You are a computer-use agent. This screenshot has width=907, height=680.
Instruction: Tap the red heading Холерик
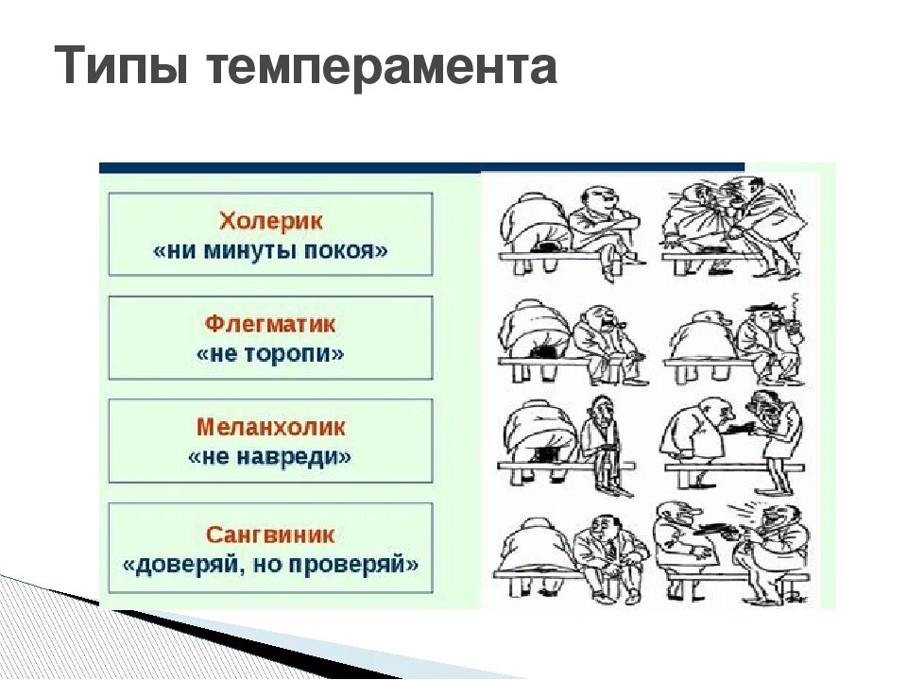point(270,222)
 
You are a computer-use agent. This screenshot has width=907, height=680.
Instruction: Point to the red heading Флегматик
point(270,325)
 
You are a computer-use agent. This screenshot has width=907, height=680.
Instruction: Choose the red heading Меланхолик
point(270,427)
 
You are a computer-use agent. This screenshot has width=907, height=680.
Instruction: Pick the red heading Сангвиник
point(270,535)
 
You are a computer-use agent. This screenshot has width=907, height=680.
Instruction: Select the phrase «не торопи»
point(270,355)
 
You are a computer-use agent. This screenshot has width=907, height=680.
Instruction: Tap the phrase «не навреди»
point(270,457)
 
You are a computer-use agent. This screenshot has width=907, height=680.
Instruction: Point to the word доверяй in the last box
point(177,565)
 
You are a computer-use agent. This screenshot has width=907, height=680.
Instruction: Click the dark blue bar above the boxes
point(421,167)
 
